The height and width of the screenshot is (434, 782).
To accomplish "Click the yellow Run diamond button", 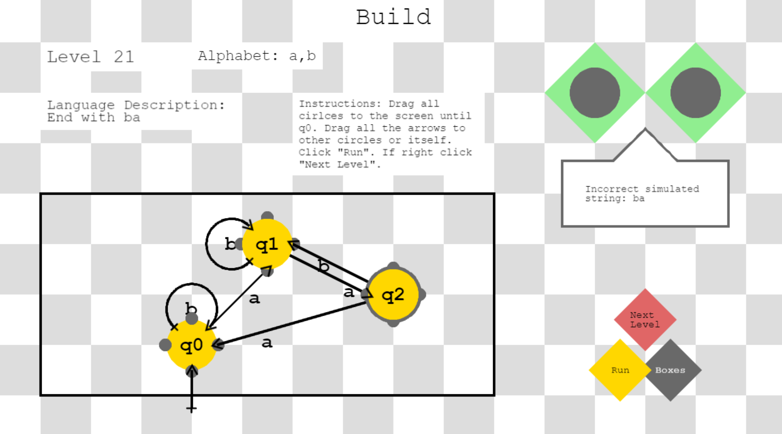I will [x=620, y=370].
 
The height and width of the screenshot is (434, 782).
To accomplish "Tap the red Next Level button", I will [x=645, y=319].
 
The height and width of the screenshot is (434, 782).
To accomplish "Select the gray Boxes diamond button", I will [x=670, y=370].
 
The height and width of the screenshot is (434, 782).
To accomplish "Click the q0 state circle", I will [x=191, y=345].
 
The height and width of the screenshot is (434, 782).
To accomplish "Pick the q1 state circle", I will [x=267, y=244].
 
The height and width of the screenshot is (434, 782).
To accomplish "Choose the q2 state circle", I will [x=393, y=294].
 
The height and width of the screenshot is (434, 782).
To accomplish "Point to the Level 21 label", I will [x=90, y=57].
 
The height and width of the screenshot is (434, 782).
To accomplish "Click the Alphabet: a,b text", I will [x=257, y=56].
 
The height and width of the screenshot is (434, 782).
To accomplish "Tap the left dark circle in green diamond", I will [x=595, y=93].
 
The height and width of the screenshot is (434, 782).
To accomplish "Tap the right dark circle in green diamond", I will [x=695, y=93].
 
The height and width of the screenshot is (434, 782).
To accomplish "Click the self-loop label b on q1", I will [x=230, y=244].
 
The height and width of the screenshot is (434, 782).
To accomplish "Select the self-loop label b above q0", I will [x=191, y=308].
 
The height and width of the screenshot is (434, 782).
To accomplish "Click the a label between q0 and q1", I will [x=254, y=299].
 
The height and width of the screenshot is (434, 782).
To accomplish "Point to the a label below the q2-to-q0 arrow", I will [x=267, y=343].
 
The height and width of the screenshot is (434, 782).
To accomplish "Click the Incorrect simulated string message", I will [x=642, y=193].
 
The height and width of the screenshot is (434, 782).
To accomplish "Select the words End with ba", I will [x=93, y=118].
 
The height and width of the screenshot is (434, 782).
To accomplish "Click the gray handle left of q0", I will [x=165, y=345].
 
